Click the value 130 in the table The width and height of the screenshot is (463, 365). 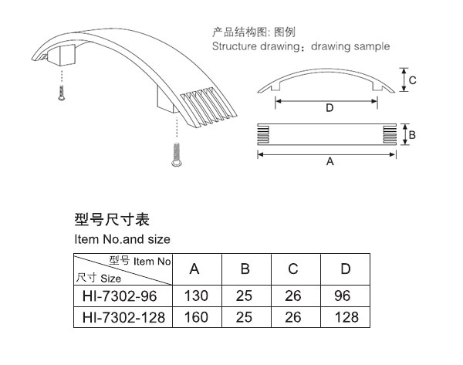pos(196,296)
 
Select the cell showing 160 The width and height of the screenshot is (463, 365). pos(196,317)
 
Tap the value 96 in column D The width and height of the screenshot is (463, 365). pos(343,296)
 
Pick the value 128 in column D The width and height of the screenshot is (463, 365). pos(346,317)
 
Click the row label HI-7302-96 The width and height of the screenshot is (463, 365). pos(120,296)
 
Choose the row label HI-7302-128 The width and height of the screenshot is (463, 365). pos(123,317)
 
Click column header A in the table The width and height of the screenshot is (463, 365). pos(194,269)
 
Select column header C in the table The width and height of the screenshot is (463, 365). pos(293,269)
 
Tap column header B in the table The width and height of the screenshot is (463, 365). pos(245,269)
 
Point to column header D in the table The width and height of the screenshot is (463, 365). pos(346,269)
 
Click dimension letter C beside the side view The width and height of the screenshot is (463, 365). pos(413,80)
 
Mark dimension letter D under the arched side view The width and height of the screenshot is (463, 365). pos(330,108)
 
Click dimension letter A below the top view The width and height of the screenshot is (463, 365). pos(330,161)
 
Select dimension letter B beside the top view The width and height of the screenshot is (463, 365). pos(412,135)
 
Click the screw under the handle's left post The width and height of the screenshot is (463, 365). pos(62,93)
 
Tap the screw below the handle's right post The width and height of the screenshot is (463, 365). pos(176,154)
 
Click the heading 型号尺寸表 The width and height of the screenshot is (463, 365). pos(112,219)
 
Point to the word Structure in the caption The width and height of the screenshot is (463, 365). pos(235,46)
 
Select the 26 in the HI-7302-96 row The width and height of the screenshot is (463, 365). pos(293,296)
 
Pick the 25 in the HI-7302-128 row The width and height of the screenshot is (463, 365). pos(244,317)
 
